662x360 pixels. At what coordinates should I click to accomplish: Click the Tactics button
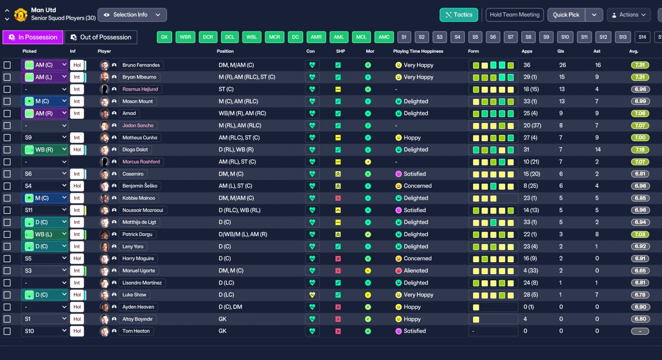pyautogui.click(x=459, y=15)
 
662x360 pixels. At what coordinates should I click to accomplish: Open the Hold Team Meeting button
pyautogui.click(x=515, y=15)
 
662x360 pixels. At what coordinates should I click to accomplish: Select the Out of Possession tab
pyautogui.click(x=101, y=37)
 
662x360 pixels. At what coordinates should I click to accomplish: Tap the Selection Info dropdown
pyautogui.click(x=132, y=15)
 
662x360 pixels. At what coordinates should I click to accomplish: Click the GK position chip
pyautogui.click(x=164, y=37)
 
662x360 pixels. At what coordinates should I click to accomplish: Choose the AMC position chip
pyautogui.click(x=384, y=37)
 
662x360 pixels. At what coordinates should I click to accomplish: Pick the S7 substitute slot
pyautogui.click(x=510, y=37)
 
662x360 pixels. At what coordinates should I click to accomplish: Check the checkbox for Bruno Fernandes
pyautogui.click(x=7, y=65)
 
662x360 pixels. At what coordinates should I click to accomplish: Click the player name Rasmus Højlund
pyautogui.click(x=140, y=89)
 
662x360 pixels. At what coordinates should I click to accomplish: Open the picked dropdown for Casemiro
pyautogui.click(x=44, y=174)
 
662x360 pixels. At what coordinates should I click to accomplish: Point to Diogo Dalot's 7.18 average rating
pyautogui.click(x=640, y=149)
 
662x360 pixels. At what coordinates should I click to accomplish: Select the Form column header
pyautogui.click(x=473, y=51)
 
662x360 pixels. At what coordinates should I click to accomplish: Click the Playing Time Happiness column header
pyautogui.click(x=418, y=51)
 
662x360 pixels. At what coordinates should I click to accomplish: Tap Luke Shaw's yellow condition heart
pyautogui.click(x=312, y=295)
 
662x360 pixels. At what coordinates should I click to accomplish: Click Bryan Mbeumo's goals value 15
pyautogui.click(x=562, y=77)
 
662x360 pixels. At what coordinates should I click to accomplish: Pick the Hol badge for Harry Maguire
pyautogui.click(x=77, y=259)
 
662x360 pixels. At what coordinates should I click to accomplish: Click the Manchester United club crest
pyautogui.click(x=21, y=15)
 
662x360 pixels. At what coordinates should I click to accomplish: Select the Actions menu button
pyautogui.click(x=628, y=15)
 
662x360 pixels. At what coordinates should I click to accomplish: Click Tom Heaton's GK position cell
pyautogui.click(x=222, y=331)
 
